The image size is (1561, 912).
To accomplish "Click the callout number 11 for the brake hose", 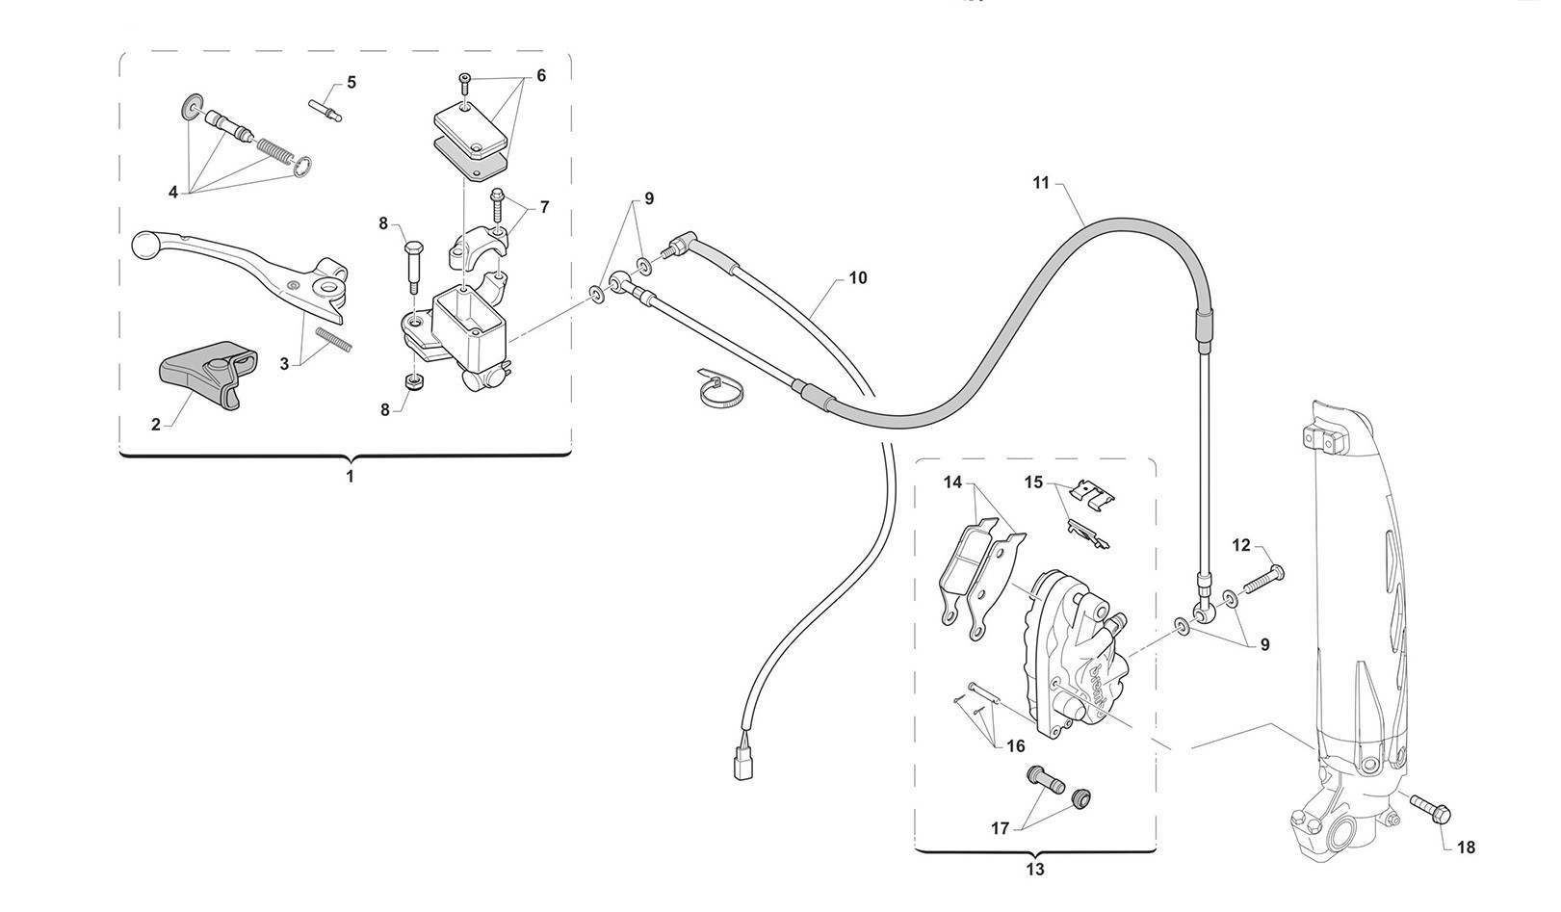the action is point(1040,183).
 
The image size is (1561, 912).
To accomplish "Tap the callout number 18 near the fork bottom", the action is point(1467,847).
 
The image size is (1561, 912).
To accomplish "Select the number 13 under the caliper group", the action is point(1035,870).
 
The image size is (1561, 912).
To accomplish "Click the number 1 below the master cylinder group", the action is point(350,477).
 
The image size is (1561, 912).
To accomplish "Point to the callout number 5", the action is point(351,82).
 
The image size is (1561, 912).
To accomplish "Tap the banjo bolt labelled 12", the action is point(1262,581).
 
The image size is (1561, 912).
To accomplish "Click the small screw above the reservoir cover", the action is point(465,85).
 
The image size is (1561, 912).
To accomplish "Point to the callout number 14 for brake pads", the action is point(952,482).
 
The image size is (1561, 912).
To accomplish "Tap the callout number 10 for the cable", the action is point(858,278).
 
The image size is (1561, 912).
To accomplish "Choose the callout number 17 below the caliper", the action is point(1000,829).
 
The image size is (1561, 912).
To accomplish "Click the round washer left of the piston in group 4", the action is point(189,106).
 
